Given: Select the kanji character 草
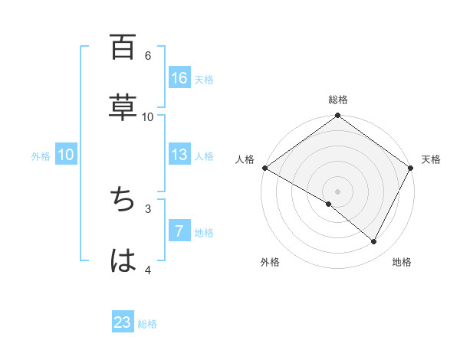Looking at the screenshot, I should tap(123, 107).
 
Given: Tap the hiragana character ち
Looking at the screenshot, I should tap(123, 200).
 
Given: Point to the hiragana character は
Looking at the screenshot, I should tap(123, 261).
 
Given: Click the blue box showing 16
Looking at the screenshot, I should tap(179, 78).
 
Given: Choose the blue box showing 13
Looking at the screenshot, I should tap(179, 155).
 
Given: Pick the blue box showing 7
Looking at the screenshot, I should tap(179, 231).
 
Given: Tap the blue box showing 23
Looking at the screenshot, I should tap(123, 322).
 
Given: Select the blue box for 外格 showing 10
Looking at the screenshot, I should tap(66, 155).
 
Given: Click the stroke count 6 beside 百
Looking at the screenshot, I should tap(148, 55).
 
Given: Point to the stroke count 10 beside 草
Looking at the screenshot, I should tap(148, 116).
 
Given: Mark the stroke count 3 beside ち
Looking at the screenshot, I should tap(148, 208).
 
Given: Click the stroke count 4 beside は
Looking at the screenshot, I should tap(148, 270).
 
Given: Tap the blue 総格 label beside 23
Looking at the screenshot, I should tap(147, 324).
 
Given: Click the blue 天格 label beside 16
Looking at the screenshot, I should tap(204, 80).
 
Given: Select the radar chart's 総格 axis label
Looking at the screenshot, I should tap(338, 100).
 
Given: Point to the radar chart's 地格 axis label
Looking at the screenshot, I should tap(402, 262).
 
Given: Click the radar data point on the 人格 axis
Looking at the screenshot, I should tap(264, 168).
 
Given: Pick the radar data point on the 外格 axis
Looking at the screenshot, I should tap(329, 204).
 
